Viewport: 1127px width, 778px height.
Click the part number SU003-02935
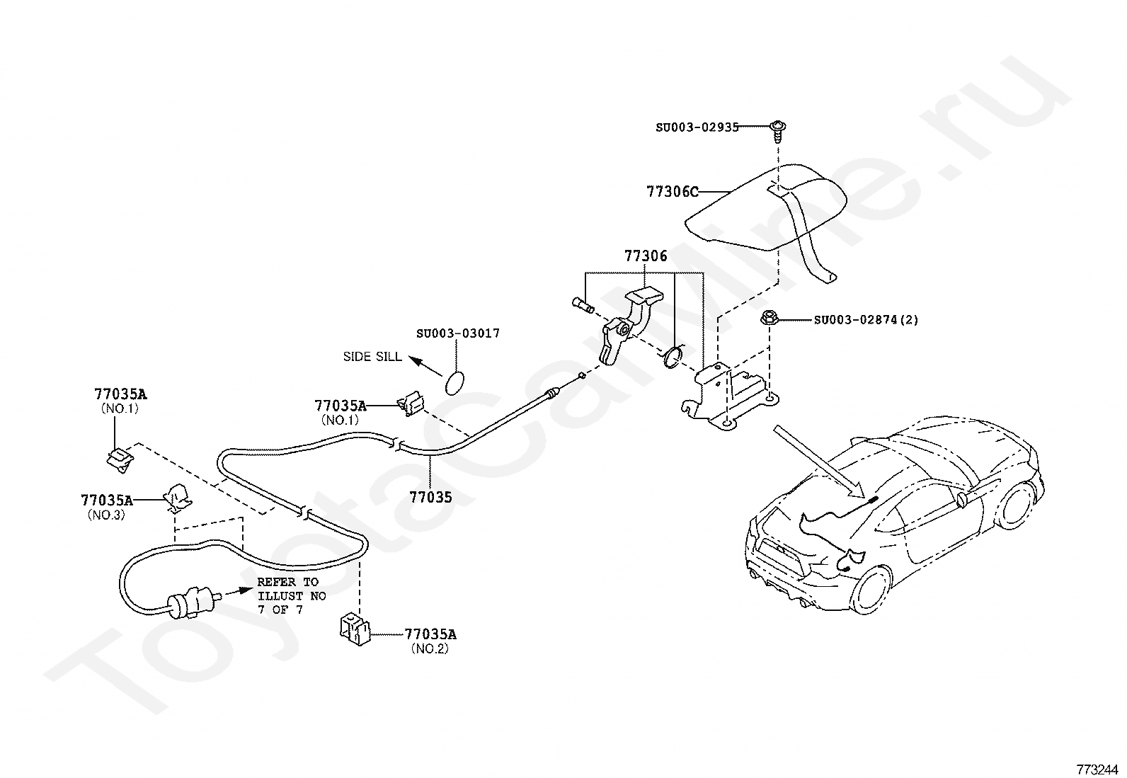[x=697, y=127]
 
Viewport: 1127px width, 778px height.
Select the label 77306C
[x=672, y=192]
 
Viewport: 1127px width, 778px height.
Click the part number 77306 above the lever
[x=645, y=256]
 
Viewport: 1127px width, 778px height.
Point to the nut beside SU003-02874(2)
[x=769, y=319]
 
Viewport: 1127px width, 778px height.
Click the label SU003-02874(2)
[x=866, y=320]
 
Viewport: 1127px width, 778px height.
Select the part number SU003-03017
[x=457, y=333]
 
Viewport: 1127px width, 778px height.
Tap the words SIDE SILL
[x=372, y=357]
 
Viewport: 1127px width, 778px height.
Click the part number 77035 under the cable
[x=430, y=497]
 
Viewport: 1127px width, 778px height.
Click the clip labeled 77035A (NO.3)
[x=177, y=498]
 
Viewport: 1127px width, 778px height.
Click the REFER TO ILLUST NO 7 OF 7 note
[x=291, y=595]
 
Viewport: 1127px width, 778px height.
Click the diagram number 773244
[x=1098, y=768]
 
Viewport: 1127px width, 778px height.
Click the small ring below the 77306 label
[x=673, y=356]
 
